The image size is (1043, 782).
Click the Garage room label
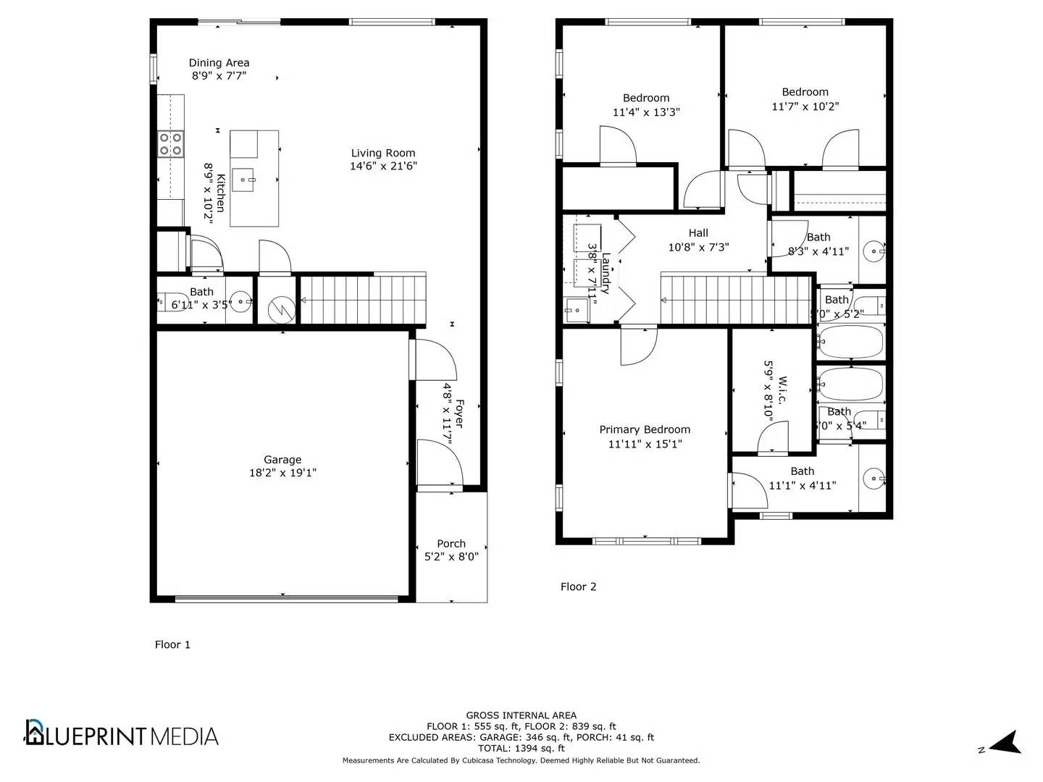282,460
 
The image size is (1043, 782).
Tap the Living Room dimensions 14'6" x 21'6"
383,166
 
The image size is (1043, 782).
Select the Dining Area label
219,63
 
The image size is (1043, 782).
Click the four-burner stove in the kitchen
170,144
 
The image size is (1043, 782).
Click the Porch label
451,544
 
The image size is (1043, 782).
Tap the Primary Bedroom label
645,429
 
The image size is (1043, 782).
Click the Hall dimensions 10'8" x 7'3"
698,247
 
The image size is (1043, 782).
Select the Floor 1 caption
172,644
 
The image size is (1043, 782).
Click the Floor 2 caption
578,586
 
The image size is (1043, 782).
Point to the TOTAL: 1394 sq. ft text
521,748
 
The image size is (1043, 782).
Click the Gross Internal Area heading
521,715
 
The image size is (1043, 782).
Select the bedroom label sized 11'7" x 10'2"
805,92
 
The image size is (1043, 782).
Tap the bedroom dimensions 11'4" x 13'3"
646,112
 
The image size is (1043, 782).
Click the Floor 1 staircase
362,300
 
